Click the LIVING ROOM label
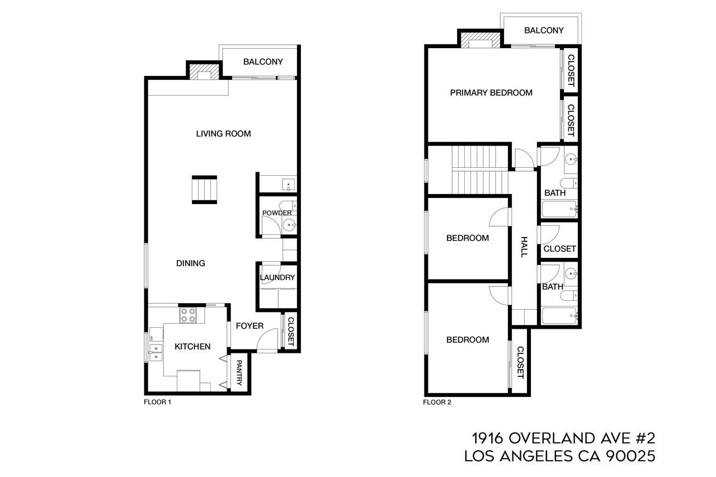[x=223, y=134]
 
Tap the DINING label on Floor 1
[x=191, y=263]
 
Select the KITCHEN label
[x=192, y=347]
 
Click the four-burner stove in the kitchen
[x=187, y=315]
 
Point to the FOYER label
[x=249, y=326]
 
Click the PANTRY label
[x=239, y=373]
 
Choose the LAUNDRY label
[x=277, y=277]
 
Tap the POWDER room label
[x=277, y=213]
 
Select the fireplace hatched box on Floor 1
[x=200, y=72]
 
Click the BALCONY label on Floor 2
[x=544, y=30]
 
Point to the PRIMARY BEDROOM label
[x=491, y=93]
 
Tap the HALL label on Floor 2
[x=524, y=247]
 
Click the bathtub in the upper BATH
[x=559, y=209]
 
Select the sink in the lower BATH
[x=571, y=274]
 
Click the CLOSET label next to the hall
[x=559, y=249]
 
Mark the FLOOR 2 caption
[x=437, y=402]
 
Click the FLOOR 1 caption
[x=157, y=402]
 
